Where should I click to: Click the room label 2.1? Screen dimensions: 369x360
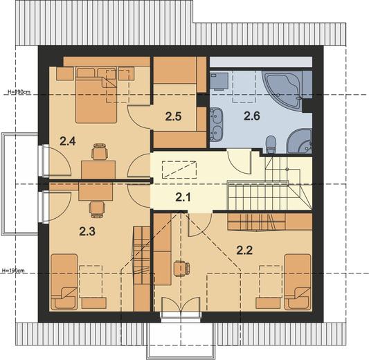[x=183, y=197]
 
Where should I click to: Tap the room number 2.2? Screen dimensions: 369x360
[x=244, y=250]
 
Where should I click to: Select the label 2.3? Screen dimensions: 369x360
[x=87, y=231]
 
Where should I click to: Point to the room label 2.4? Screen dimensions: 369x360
[x=68, y=141]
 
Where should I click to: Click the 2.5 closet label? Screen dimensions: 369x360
[x=173, y=117]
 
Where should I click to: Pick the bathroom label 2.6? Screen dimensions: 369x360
[x=252, y=116]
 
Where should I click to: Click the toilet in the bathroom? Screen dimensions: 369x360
[x=271, y=144]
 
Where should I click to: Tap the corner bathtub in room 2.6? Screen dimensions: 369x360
[x=282, y=90]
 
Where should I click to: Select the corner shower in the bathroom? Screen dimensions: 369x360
[x=299, y=141]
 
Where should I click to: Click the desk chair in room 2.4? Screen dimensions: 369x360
[x=100, y=152]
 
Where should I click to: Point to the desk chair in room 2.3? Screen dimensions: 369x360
[x=97, y=208]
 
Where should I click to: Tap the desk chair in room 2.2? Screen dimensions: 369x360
[x=181, y=268]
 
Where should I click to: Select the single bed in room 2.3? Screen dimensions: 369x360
[x=64, y=282]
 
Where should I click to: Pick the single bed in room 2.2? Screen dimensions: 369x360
[x=298, y=282]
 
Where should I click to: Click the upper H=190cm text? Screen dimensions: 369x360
[x=19, y=92]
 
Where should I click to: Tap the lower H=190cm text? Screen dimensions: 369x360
[x=13, y=271]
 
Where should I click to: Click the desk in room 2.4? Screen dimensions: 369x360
[x=98, y=170]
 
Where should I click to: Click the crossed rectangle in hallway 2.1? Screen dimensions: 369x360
[x=179, y=170]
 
